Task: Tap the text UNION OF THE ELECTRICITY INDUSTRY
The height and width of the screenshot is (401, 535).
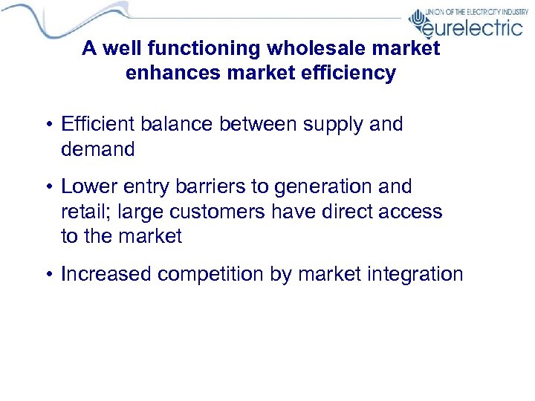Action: (476, 13)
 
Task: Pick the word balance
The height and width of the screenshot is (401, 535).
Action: (179, 124)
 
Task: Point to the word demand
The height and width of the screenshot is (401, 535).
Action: (98, 149)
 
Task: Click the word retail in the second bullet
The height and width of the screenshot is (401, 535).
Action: (81, 212)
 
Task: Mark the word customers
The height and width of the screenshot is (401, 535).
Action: (215, 212)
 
